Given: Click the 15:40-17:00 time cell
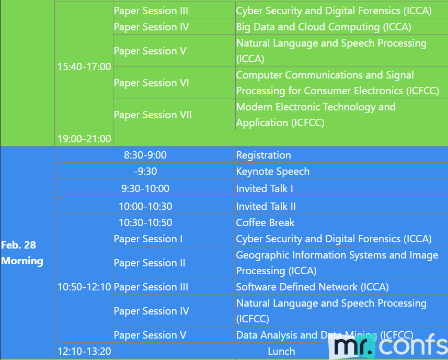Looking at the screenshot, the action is pos(84,66).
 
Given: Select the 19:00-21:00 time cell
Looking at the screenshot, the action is pos(84,139).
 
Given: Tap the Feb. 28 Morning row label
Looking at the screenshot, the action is pos(27,253).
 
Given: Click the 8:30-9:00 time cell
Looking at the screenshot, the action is pos(145,155).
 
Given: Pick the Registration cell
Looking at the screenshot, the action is pos(342,155).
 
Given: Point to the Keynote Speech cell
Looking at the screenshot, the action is pos(342,171).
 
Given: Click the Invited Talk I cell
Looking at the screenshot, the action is pos(342,188).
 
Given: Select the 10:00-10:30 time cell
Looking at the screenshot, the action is pos(145,206).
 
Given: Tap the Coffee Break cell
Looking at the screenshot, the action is pos(342,222).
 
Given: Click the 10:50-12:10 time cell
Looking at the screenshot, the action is pos(84,287).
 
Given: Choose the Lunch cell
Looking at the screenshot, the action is pos(281,351).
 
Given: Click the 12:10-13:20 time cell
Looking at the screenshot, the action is pos(84,351).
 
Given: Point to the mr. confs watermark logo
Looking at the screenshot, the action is pos(388,346).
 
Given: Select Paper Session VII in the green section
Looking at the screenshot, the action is pos(174,115).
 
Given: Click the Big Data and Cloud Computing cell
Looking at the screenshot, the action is pos(342,27).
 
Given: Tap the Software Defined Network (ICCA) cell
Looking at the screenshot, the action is pos(342,287).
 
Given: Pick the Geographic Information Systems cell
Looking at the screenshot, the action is pos(342,263).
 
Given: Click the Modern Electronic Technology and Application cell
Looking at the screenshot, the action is pos(342,115).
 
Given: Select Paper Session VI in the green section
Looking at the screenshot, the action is pos(174,83).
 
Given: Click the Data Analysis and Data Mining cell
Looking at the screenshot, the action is pos(342,335).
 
